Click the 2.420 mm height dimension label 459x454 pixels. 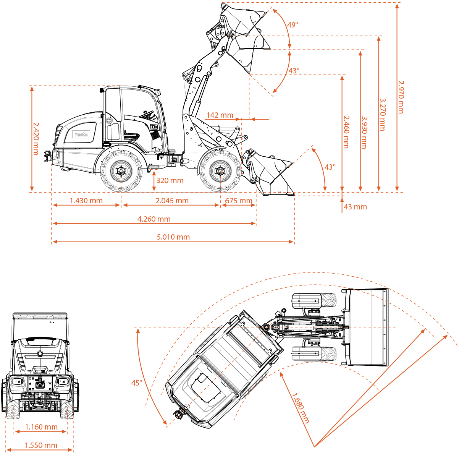point(36,138)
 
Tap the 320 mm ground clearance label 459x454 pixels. point(170,180)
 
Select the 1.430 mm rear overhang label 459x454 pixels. point(86,201)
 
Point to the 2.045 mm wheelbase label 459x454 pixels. point(172,201)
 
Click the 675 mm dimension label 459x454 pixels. point(239,201)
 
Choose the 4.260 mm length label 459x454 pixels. point(154,219)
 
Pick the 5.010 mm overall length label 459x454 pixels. point(173,237)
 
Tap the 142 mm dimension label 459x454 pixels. point(220,115)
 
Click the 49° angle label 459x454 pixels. point(293,25)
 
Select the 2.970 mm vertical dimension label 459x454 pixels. point(401,96)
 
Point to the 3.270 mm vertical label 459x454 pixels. point(383,114)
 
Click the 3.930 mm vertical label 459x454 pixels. point(364,132)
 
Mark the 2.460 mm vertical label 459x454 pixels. point(346,132)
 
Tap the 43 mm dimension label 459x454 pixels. point(355,207)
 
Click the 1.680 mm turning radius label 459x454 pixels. point(301,408)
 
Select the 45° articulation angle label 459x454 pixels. point(136,383)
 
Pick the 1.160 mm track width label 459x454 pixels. point(41,427)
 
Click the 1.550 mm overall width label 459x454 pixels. point(41,445)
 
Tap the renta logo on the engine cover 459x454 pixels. point(81,134)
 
